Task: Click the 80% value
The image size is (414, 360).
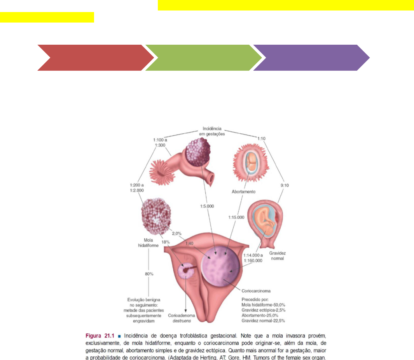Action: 149,274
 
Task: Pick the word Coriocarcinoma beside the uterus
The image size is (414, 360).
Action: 256,290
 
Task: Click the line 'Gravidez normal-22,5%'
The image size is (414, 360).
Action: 263,321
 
